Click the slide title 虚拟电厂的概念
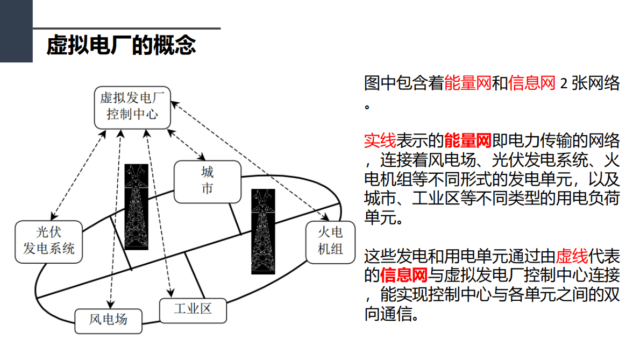click(x=121, y=45)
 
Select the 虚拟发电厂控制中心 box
click(x=132, y=107)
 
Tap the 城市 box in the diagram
click(x=208, y=181)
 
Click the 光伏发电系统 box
click(x=48, y=241)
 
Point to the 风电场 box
click(x=108, y=321)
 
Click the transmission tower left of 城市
click(x=136, y=207)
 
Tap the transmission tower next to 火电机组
click(x=263, y=231)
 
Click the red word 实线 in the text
click(x=380, y=142)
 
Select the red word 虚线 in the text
click(x=572, y=255)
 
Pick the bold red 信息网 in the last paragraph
click(x=403, y=276)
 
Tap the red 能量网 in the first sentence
click(x=468, y=84)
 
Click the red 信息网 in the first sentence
click(x=531, y=84)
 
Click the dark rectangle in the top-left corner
click(x=16, y=31)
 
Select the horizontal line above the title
click(x=127, y=28)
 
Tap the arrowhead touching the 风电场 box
click(x=111, y=306)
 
